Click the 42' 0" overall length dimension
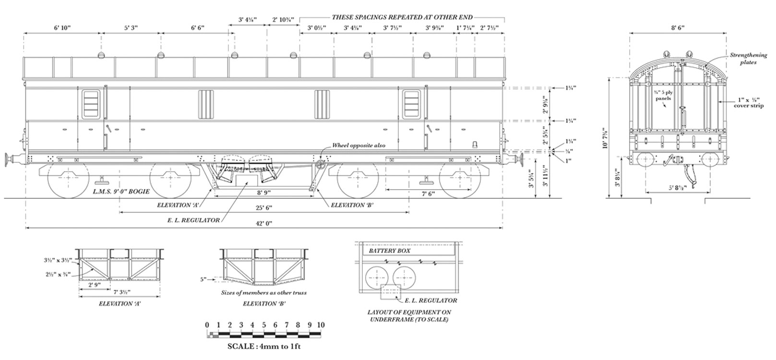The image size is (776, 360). (263, 224)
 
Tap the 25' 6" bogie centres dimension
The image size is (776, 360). (263, 207)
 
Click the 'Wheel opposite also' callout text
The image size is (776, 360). (359, 145)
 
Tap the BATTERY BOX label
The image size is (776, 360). (389, 251)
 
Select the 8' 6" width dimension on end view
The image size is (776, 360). (678, 28)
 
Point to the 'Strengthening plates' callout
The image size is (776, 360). (748, 59)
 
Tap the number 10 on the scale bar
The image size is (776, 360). (321, 325)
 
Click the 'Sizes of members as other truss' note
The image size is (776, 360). (263, 293)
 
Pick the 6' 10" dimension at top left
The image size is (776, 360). (62, 28)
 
